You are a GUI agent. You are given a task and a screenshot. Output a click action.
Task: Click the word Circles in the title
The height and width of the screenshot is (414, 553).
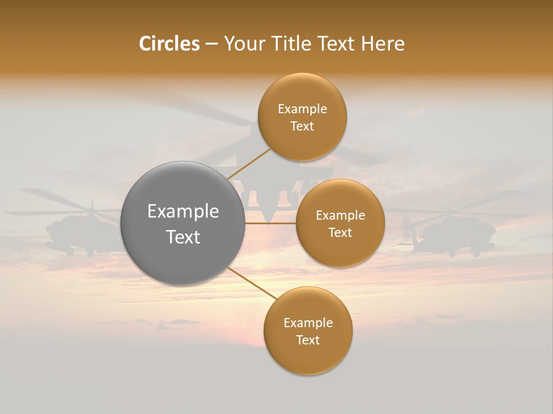pyautogui.click(x=169, y=44)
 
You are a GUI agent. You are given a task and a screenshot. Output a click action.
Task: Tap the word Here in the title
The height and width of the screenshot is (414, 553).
pyautogui.click(x=383, y=44)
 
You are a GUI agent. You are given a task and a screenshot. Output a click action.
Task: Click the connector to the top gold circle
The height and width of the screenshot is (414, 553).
pyautogui.click(x=249, y=163)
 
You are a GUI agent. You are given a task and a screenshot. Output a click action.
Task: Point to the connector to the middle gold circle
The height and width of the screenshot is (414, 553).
pyautogui.click(x=271, y=223)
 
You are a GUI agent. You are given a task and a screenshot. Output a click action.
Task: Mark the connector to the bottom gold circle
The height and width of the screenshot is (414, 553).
pyautogui.click(x=252, y=283)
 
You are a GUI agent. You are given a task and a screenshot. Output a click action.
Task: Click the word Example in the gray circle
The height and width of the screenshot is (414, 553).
pyautogui.click(x=183, y=212)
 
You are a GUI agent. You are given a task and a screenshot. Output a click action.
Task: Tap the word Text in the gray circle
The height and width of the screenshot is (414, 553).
pyautogui.click(x=183, y=237)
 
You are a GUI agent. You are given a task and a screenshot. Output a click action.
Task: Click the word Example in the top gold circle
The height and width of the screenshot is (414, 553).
pyautogui.click(x=302, y=109)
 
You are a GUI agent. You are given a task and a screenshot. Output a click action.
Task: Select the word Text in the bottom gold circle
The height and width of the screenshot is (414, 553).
pyautogui.click(x=308, y=340)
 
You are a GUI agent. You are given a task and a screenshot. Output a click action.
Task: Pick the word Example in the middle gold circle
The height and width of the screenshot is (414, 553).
pyautogui.click(x=340, y=215)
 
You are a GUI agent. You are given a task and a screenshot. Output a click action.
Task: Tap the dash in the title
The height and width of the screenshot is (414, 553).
pyautogui.click(x=211, y=44)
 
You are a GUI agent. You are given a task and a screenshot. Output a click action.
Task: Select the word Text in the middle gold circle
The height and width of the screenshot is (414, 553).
pyautogui.click(x=340, y=232)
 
